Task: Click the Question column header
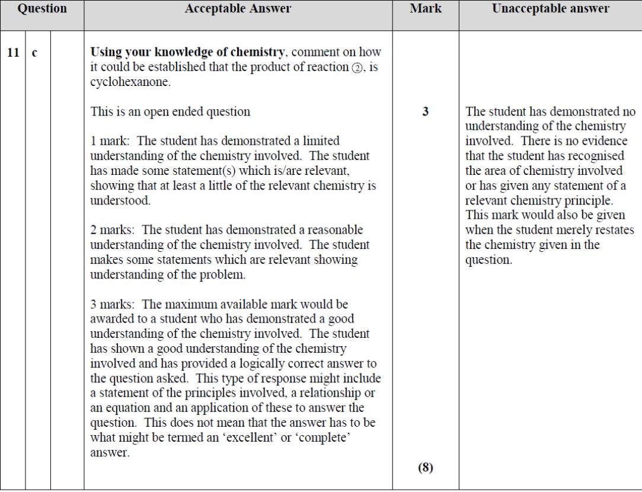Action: point(41,9)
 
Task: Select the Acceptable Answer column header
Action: point(238,9)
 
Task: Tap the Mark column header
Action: point(425,9)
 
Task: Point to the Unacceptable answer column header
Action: point(550,9)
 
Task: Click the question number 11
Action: point(13,52)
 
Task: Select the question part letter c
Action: point(34,53)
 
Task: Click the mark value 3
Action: point(425,111)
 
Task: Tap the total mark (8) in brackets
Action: point(425,468)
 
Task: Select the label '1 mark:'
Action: point(111,141)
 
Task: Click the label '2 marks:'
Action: point(114,230)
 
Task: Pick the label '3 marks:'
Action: point(114,305)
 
